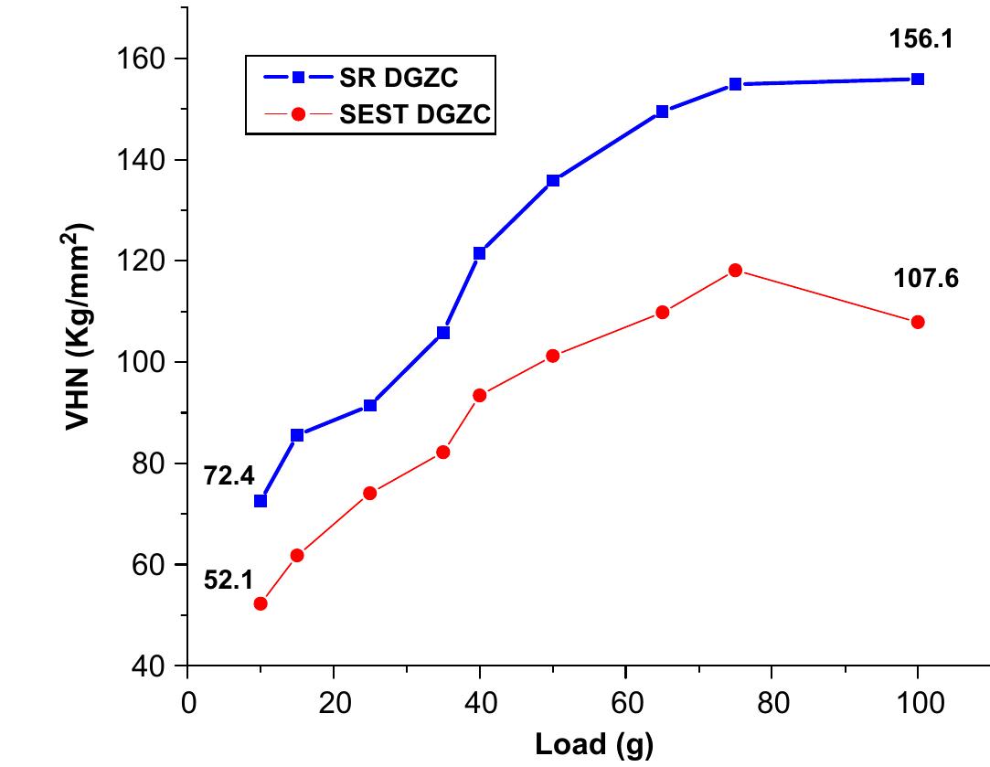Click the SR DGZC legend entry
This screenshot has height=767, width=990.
click(366, 78)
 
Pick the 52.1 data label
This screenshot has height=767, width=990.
click(229, 579)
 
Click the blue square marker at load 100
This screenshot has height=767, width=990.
click(918, 80)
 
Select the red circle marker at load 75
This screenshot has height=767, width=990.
click(735, 270)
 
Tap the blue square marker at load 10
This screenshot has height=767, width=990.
click(261, 501)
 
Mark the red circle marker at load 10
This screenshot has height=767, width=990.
click(261, 603)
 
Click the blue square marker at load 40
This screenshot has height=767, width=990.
click(479, 253)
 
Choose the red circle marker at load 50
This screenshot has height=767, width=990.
click(552, 356)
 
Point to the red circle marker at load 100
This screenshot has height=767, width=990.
click(918, 322)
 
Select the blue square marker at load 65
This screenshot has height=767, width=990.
click(662, 112)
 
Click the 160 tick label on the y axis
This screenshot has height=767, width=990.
click(146, 59)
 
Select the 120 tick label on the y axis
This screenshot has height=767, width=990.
click(146, 261)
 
